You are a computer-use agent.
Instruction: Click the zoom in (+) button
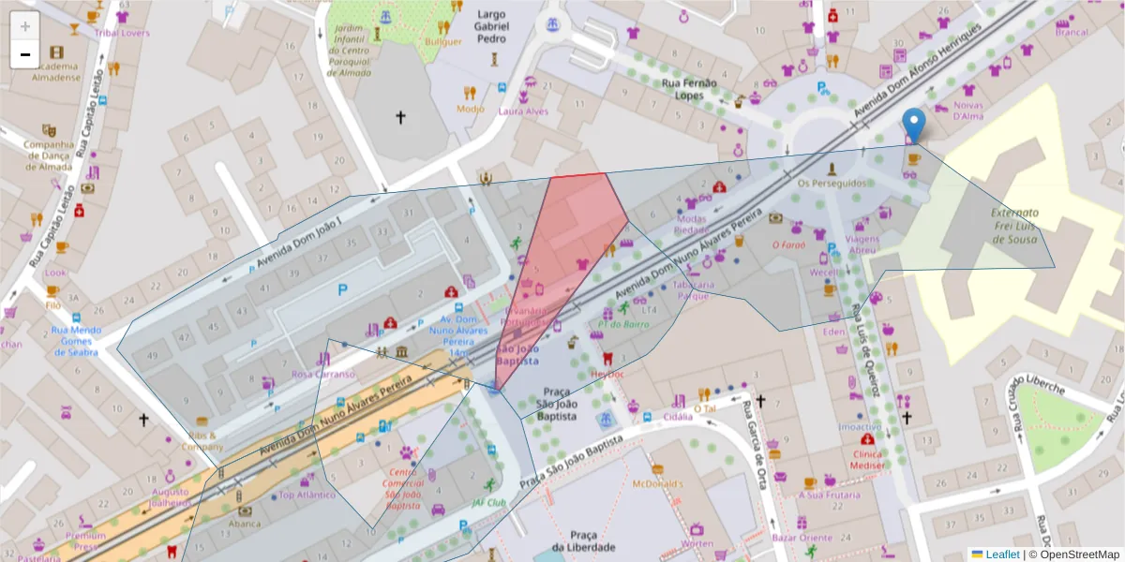(x=25, y=26)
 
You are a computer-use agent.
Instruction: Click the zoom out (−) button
(x=25, y=54)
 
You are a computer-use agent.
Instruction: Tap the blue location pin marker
(x=913, y=126)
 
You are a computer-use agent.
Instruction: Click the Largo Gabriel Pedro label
(x=492, y=26)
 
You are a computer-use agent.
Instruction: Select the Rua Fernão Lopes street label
(x=689, y=89)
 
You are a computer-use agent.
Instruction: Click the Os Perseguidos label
(x=832, y=184)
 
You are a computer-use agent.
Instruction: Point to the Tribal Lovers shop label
(x=121, y=33)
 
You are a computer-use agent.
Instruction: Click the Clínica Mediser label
(x=868, y=459)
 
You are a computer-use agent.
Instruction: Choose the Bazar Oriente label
(x=802, y=538)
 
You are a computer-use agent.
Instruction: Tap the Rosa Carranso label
(x=323, y=374)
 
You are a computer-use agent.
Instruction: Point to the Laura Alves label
(x=523, y=111)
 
